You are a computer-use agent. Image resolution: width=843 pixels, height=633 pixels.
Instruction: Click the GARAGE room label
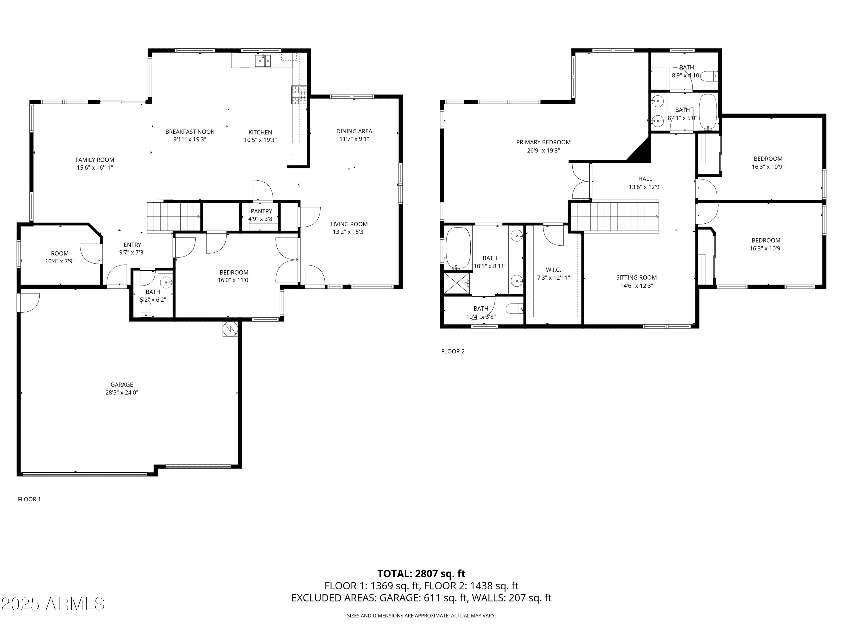[x=122, y=385]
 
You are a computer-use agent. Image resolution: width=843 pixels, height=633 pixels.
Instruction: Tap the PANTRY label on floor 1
[x=261, y=211]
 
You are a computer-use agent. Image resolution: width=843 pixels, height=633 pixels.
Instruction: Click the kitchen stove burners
[x=299, y=95]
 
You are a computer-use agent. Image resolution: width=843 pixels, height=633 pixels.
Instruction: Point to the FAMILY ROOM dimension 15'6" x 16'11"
[x=95, y=167]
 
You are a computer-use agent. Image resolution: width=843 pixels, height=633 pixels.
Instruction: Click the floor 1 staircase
[x=174, y=216]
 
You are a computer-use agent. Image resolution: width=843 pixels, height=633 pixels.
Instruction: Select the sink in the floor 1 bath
[x=166, y=283]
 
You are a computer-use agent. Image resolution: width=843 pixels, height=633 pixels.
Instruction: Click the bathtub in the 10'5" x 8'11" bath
[x=458, y=248]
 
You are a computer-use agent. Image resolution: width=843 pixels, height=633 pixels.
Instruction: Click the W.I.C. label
[x=553, y=270]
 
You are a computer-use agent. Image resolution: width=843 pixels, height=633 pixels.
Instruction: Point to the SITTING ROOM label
[x=636, y=278]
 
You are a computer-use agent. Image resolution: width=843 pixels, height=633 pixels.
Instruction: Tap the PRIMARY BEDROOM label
[x=543, y=142]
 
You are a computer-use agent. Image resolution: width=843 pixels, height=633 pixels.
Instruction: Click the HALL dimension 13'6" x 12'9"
[x=645, y=187]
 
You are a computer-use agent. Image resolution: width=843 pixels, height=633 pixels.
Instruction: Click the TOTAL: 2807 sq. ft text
[x=421, y=573]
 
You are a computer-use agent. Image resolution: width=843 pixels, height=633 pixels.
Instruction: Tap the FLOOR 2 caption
[x=453, y=351]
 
